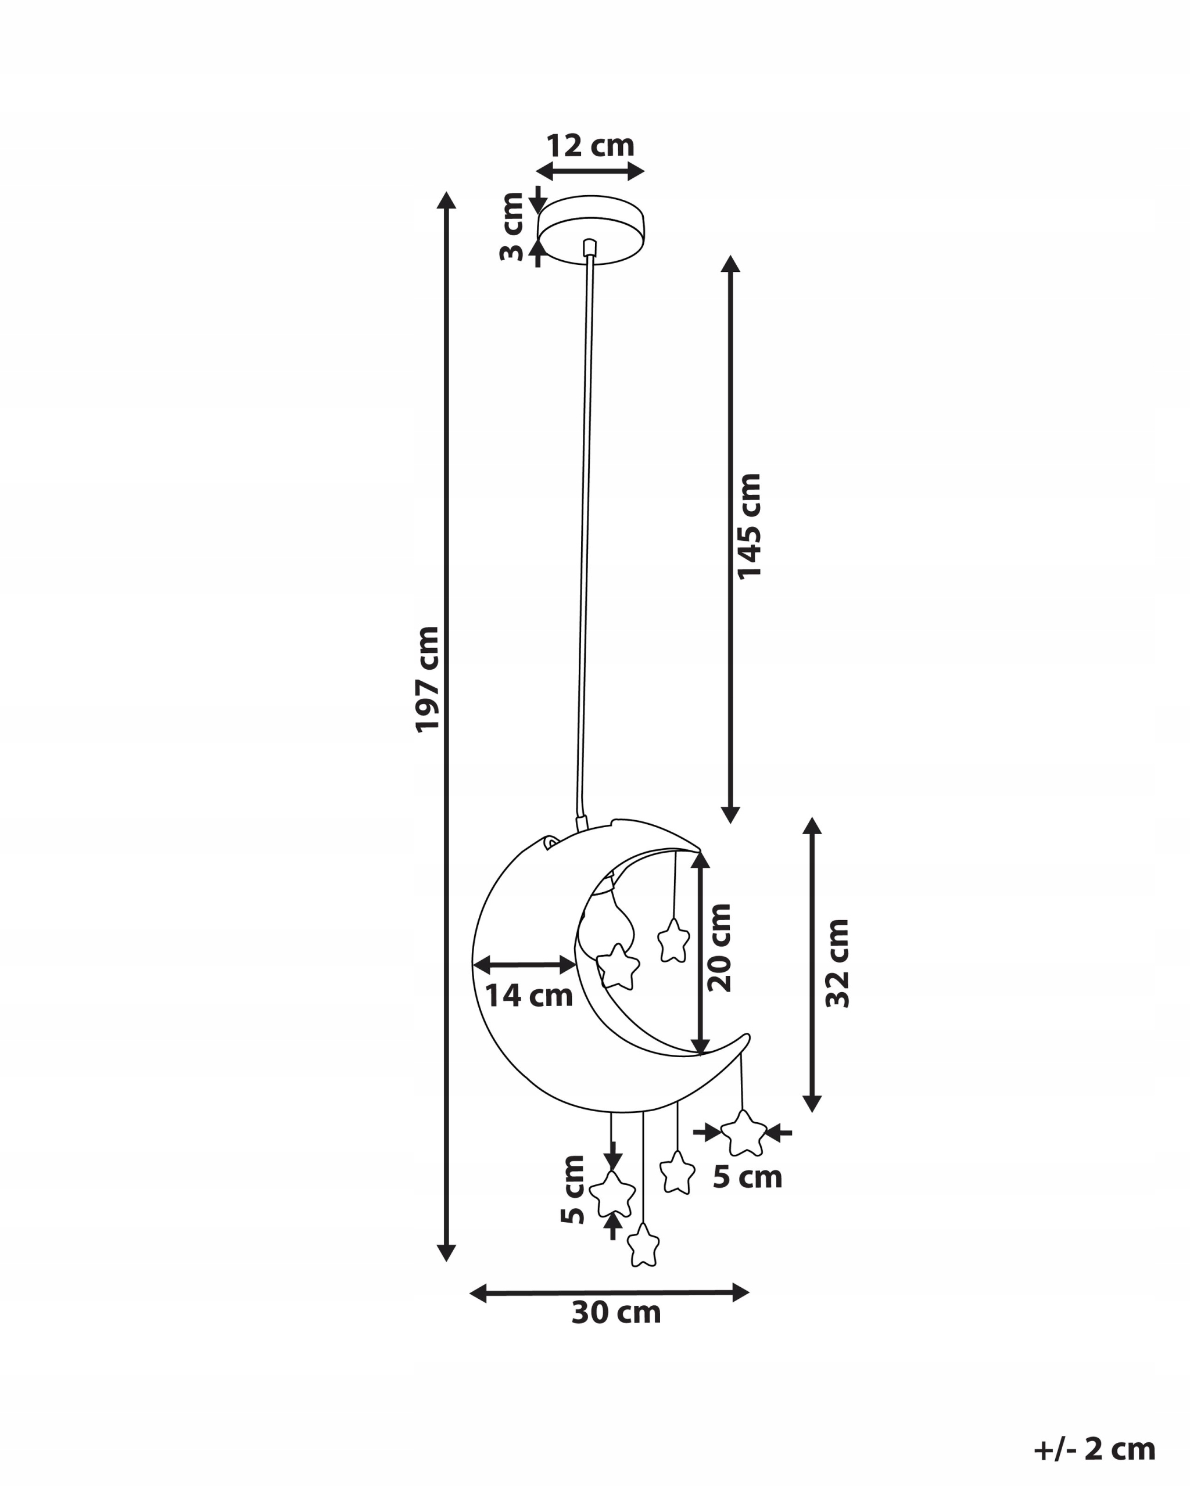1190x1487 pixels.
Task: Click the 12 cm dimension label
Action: [590, 146]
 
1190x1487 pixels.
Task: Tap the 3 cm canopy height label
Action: [512, 227]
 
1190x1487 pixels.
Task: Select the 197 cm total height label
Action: [427, 680]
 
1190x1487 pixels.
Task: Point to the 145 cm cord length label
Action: [749, 526]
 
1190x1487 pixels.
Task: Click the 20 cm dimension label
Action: [719, 947]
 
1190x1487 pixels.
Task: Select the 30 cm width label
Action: [616, 1313]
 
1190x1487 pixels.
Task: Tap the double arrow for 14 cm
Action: [524, 965]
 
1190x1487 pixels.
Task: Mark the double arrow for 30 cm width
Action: [609, 1292]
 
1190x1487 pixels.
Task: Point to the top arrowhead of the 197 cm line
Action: [446, 200]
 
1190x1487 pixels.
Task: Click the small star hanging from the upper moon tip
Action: [673, 940]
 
